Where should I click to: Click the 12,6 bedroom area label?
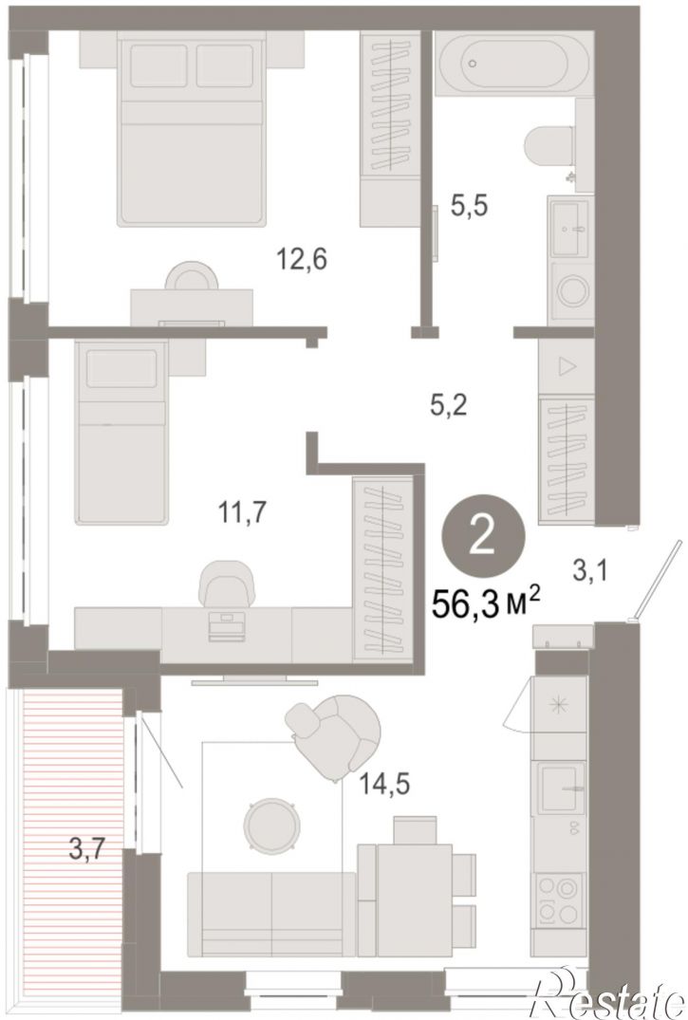point(302,260)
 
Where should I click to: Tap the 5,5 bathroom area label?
point(470,207)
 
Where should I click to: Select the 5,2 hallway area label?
point(449,406)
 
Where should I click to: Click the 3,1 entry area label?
point(589,572)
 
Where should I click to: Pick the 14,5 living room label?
point(385,785)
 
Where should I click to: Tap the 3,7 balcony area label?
point(87,849)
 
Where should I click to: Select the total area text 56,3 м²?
point(487,603)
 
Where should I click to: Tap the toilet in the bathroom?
point(550,146)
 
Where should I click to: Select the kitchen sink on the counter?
point(559,788)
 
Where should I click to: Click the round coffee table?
point(271,826)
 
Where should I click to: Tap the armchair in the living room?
point(333,737)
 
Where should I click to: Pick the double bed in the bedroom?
point(192,129)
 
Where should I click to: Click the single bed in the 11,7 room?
point(121,432)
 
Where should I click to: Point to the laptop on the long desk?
point(227,626)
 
